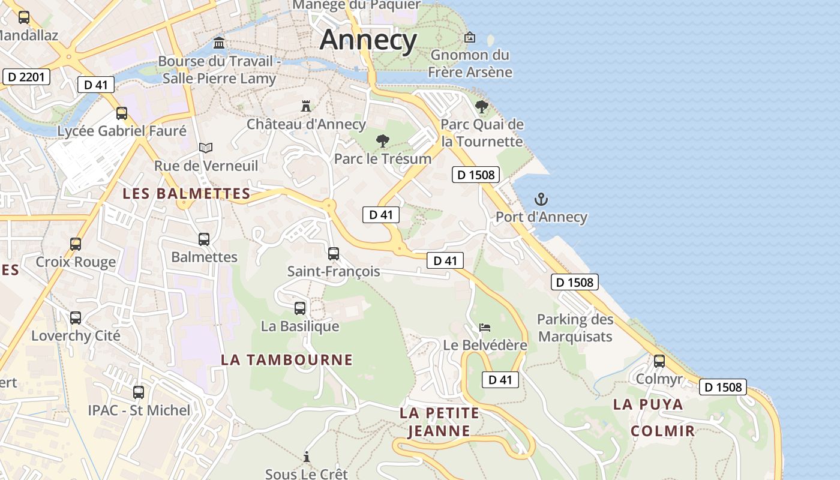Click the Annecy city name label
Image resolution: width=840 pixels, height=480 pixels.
click(x=368, y=40)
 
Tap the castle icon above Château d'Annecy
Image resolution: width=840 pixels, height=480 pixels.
click(x=306, y=106)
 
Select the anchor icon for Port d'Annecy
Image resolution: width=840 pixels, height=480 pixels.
click(x=541, y=199)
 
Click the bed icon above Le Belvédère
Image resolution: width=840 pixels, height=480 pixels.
click(x=485, y=328)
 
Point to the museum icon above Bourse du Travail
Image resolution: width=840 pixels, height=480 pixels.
click(x=219, y=43)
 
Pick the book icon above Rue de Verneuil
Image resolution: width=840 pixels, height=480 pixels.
click(x=206, y=148)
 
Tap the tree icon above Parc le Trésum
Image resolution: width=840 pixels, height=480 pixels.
click(x=382, y=141)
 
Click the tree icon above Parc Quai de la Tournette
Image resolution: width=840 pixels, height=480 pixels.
click(x=481, y=107)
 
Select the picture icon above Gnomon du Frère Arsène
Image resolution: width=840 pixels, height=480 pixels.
click(x=470, y=37)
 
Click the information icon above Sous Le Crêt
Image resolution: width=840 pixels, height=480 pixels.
click(x=307, y=457)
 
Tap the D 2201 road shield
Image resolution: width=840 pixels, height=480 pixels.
click(x=26, y=77)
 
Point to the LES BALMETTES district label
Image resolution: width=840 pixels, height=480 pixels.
click(x=186, y=194)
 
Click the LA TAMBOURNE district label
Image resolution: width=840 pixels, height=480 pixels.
click(x=287, y=360)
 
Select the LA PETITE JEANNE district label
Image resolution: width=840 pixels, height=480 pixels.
click(x=439, y=422)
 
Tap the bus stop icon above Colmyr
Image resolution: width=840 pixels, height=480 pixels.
click(x=659, y=361)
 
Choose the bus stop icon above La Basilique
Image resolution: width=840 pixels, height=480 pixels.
click(x=300, y=308)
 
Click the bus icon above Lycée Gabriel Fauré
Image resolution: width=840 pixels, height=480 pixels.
click(x=122, y=113)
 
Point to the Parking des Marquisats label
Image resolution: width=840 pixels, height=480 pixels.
click(x=575, y=328)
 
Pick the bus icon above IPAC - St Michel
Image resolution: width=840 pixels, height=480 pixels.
click(x=139, y=392)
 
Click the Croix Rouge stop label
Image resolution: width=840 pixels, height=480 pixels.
click(x=76, y=262)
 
